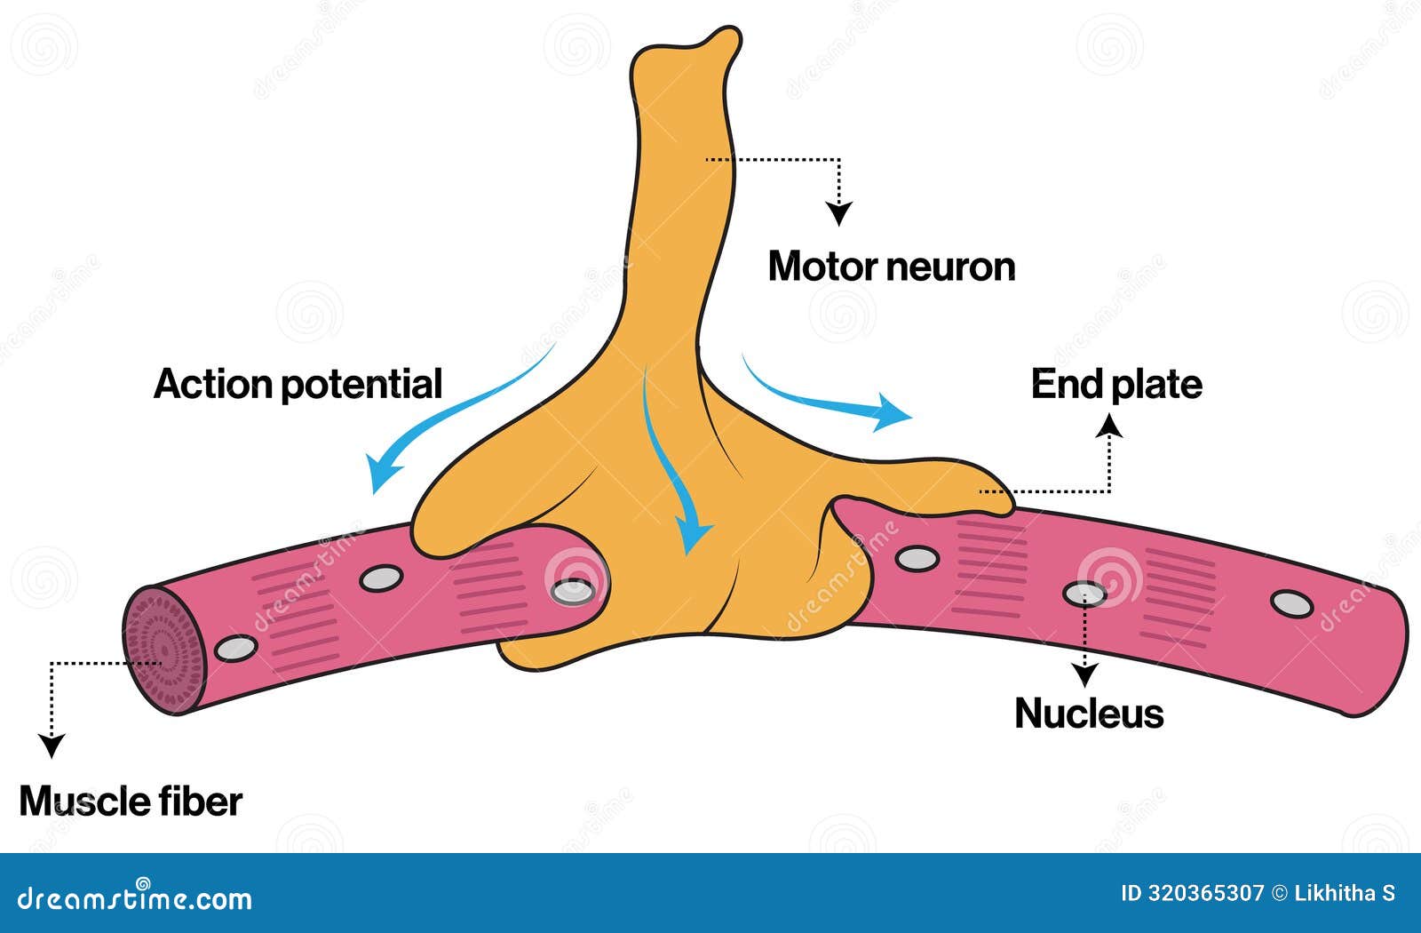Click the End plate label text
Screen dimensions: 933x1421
point(1116,384)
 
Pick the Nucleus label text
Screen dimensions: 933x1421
point(1089,714)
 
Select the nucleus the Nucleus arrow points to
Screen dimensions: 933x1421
point(1085,593)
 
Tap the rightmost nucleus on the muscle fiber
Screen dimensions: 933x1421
point(1291,603)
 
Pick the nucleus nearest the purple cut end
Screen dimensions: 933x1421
point(235,648)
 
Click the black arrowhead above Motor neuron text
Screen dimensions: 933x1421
point(838,213)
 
